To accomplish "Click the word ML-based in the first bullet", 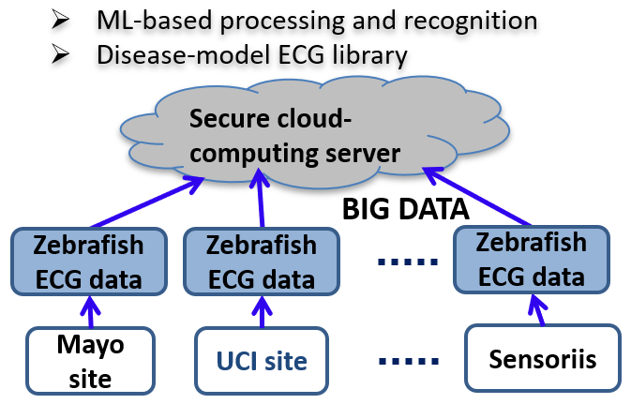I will coord(144,20).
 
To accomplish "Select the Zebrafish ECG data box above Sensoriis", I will coord(530,262).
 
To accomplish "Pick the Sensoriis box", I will coord(530,357).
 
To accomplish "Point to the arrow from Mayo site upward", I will coord(90,311).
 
